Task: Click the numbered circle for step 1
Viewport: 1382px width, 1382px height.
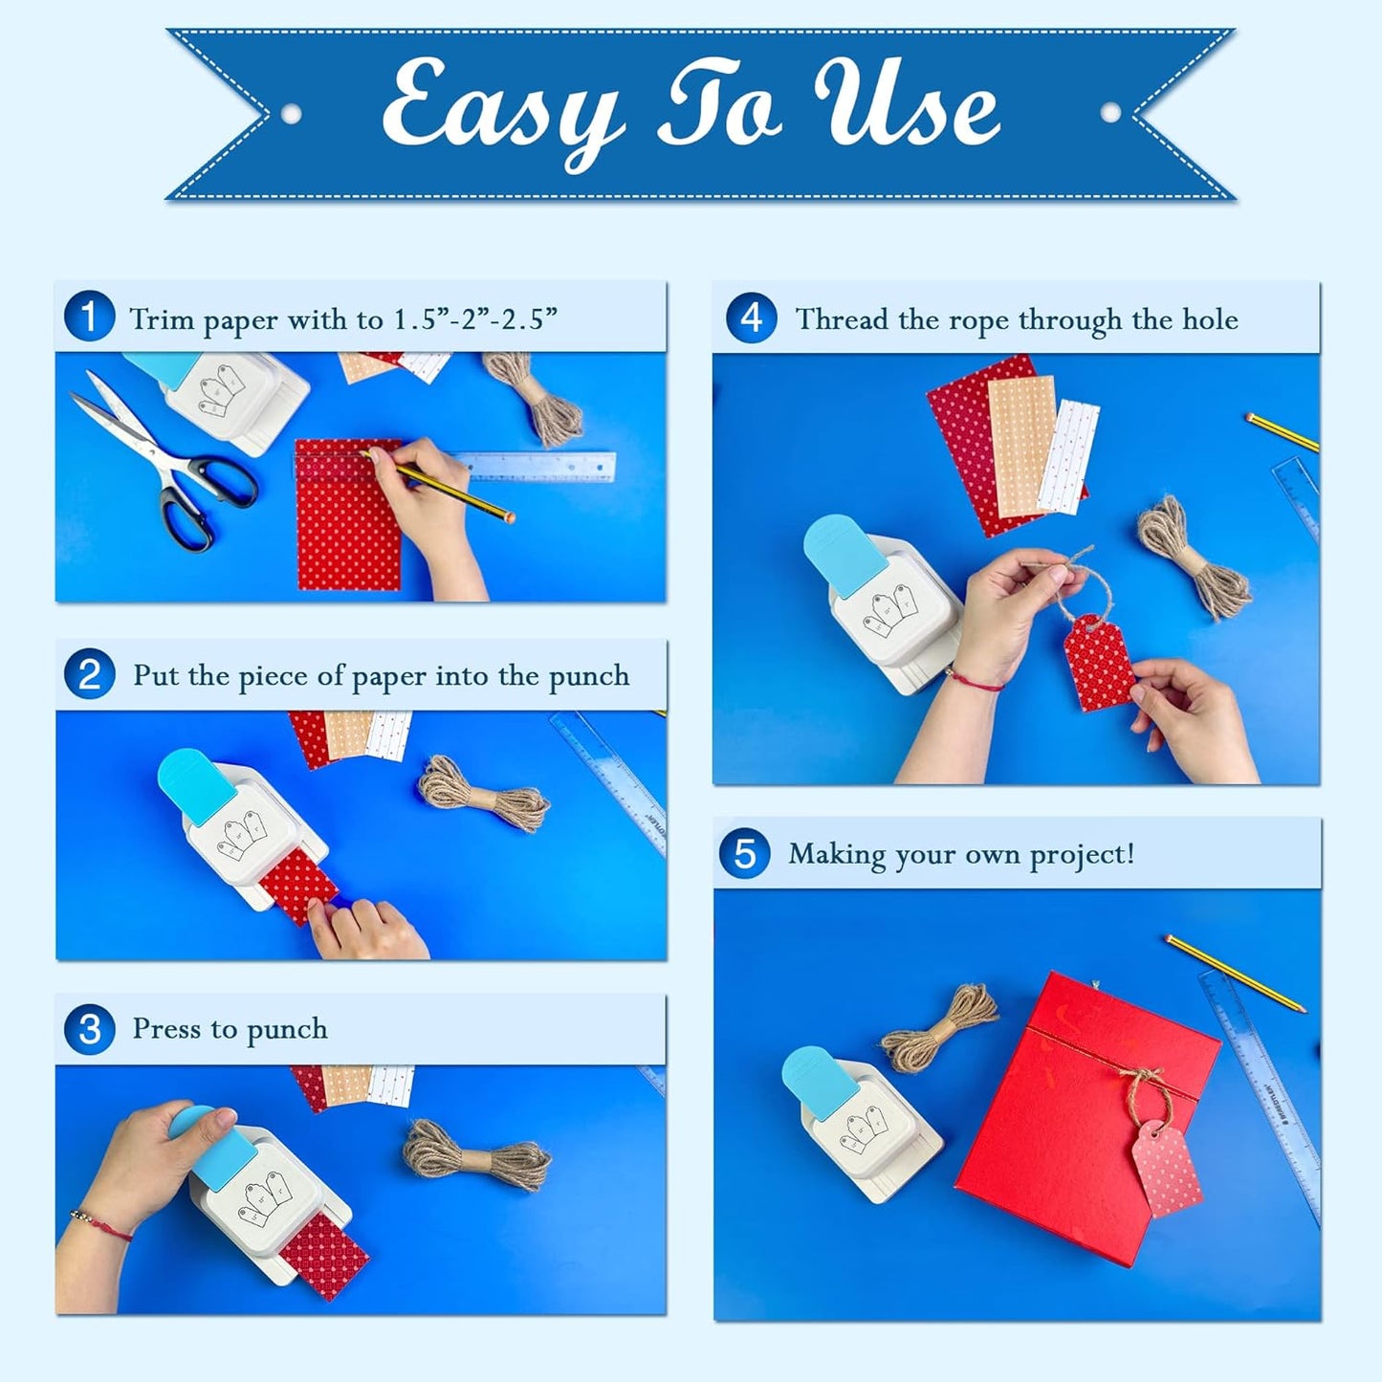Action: point(89,317)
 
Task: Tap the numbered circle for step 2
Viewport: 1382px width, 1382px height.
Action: point(89,674)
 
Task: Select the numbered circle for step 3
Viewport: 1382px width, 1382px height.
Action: point(89,1029)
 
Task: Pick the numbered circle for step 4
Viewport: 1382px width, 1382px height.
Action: point(751,318)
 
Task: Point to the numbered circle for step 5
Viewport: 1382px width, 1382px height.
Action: point(744,853)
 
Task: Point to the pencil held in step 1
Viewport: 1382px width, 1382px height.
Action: point(450,489)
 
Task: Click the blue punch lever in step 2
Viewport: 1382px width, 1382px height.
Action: point(195,785)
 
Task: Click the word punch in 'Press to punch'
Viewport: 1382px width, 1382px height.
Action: point(287,1030)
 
